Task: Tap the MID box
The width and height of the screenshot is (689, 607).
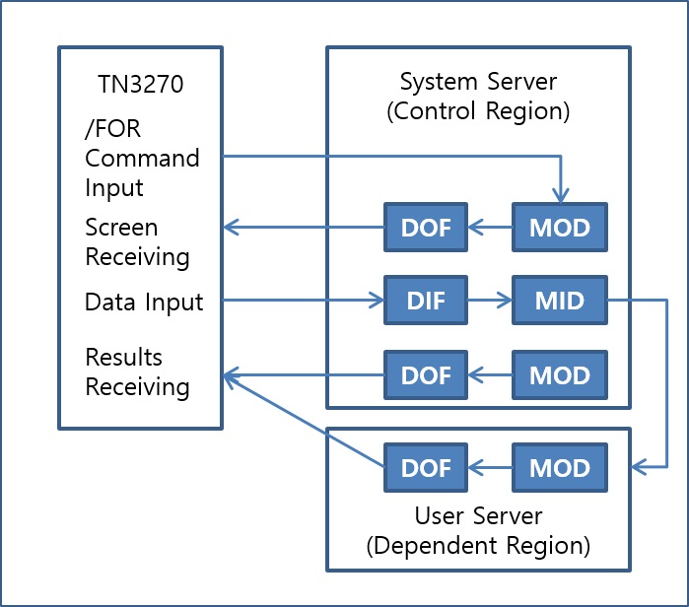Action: tap(560, 302)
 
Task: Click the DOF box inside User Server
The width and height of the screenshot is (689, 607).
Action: tap(426, 467)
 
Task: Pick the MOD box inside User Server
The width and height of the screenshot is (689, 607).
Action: tap(560, 467)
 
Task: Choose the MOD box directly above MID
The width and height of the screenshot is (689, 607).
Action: tap(560, 229)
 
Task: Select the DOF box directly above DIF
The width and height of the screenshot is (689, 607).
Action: tap(426, 229)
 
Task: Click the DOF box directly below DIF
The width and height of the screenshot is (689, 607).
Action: tap(426, 375)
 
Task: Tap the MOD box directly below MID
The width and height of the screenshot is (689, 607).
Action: tap(560, 375)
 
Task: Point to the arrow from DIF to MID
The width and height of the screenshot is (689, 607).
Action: tap(490, 302)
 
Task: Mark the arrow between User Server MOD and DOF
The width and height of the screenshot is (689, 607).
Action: tap(490, 467)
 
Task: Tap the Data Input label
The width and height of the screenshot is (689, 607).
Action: tap(144, 302)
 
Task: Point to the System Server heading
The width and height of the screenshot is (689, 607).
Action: tap(478, 80)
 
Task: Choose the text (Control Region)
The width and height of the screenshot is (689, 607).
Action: tap(478, 110)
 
